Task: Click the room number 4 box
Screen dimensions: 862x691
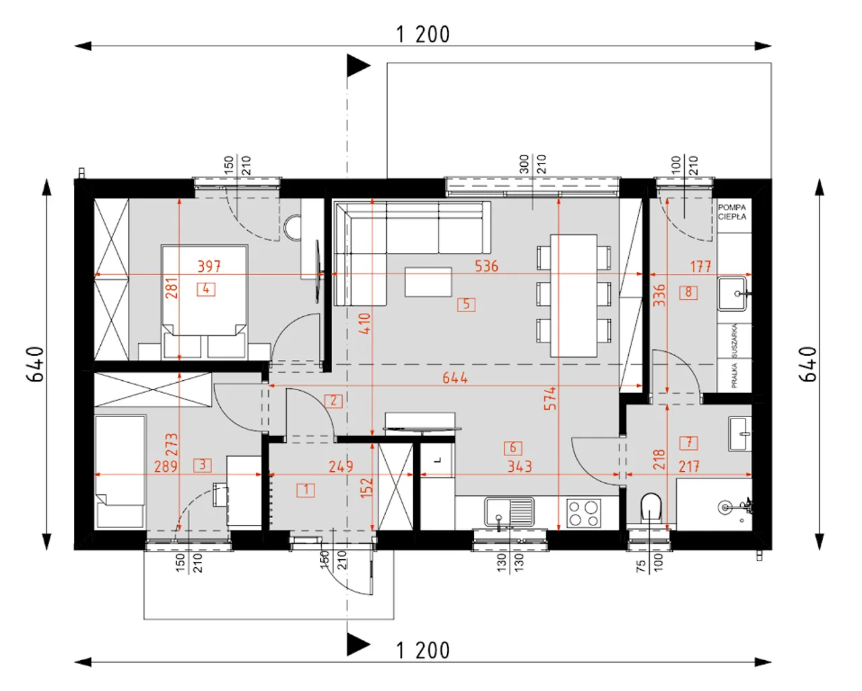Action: pos(206,289)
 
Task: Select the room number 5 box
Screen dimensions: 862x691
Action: pos(466,304)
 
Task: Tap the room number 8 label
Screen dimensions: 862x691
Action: pos(688,293)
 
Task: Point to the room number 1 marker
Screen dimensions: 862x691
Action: pos(306,490)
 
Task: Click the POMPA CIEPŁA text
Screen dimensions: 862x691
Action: pos(732,212)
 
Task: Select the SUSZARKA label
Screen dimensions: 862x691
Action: pos(734,341)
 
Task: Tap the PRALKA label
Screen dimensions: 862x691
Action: pos(734,375)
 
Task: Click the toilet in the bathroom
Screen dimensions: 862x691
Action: pos(651,507)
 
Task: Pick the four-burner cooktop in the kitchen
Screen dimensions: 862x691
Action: pos(584,513)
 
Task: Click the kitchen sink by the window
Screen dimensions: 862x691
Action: pos(509,511)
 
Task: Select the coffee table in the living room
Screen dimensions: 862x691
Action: pos(428,282)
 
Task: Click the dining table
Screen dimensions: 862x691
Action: pos(574,295)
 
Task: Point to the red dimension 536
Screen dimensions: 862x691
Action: pos(487,266)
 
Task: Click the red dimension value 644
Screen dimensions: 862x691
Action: pos(455,378)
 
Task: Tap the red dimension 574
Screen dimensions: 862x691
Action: pos(550,398)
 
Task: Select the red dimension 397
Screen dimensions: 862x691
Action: pos(209,266)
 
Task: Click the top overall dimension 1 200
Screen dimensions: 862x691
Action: pos(423,34)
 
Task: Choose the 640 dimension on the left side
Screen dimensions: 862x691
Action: pos(35,364)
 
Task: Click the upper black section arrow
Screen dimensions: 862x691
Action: pos(358,65)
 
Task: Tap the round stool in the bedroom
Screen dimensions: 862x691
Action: pos(292,228)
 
